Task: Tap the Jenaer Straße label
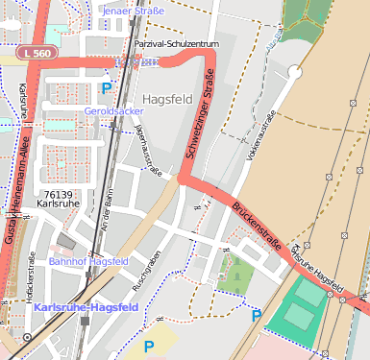133,11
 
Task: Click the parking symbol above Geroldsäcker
106,88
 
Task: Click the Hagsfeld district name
168,99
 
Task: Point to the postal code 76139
59,194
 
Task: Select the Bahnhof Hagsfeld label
88,261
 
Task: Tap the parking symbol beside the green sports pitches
256,315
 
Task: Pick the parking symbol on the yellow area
148,346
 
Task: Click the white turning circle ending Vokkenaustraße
295,72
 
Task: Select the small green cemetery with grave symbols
234,276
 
